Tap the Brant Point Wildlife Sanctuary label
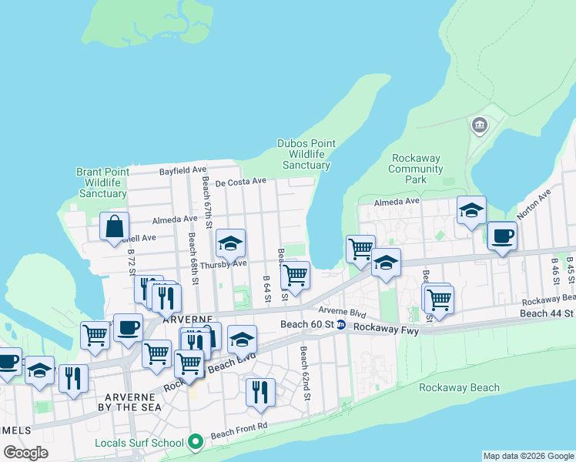point(102,182)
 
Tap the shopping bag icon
point(114,227)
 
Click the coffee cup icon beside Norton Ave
point(502,236)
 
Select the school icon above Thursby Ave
point(230,244)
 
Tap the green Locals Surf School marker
point(196,442)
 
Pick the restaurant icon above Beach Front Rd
point(260,392)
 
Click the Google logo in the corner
point(25,453)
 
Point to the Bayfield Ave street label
point(183,169)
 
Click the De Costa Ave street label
point(240,182)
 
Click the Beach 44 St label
point(547,313)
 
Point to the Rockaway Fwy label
point(383,326)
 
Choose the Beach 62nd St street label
point(305,373)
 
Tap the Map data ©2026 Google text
point(528,456)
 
